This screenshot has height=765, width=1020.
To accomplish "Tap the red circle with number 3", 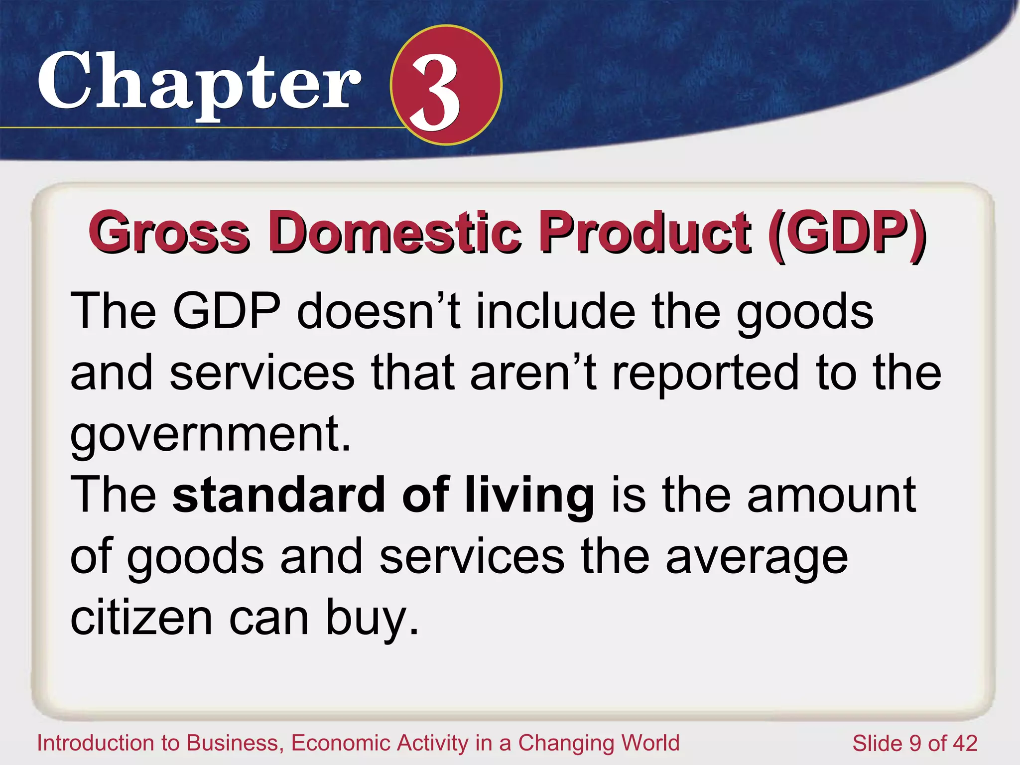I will [x=446, y=85].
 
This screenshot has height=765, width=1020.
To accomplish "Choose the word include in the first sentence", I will [x=555, y=311].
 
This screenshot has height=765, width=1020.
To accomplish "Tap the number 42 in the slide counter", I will [x=965, y=743].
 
